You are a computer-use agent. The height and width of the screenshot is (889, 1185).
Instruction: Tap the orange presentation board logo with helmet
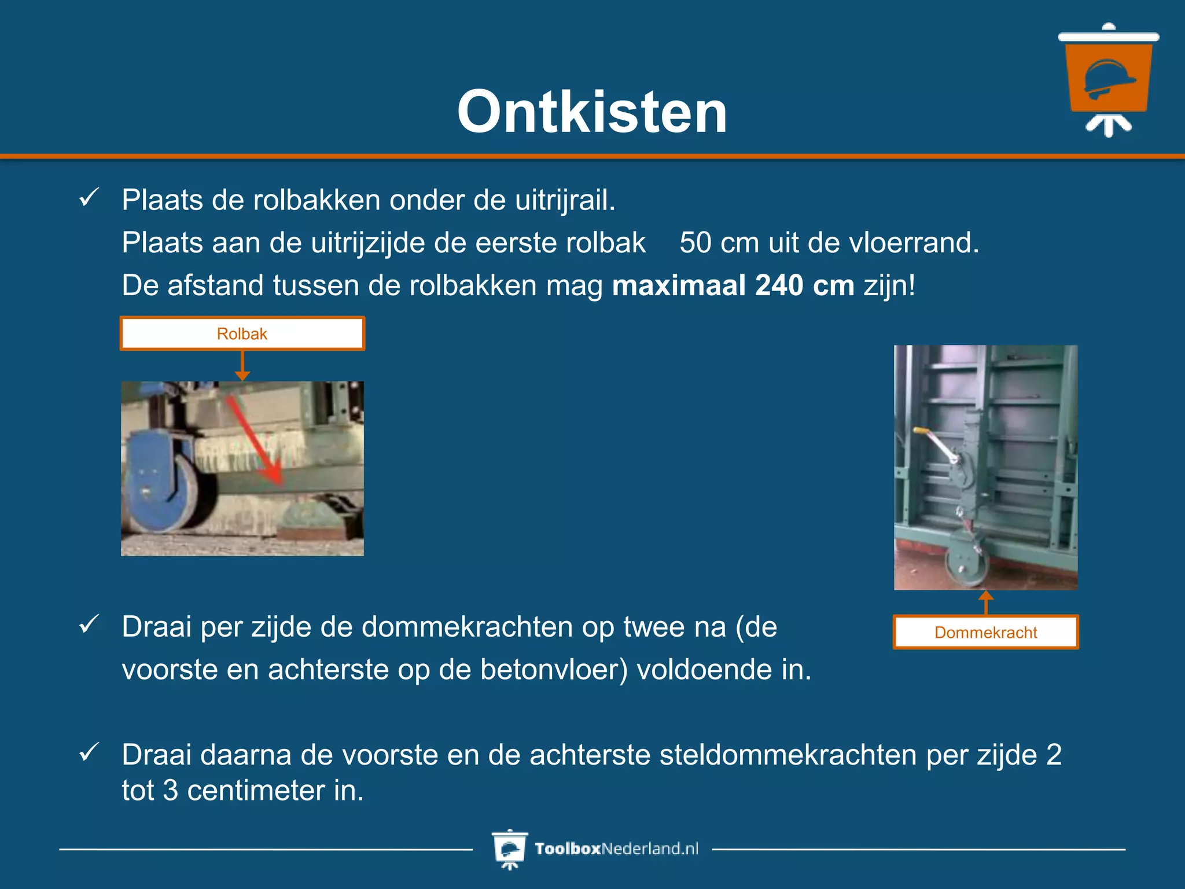tap(1108, 78)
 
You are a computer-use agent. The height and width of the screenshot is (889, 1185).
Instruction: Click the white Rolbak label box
tap(242, 333)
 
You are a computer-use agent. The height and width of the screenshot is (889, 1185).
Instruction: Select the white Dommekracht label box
tap(985, 632)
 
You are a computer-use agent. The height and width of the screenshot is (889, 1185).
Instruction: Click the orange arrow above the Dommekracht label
tap(986, 601)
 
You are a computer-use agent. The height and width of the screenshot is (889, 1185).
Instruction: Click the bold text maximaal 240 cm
tap(733, 285)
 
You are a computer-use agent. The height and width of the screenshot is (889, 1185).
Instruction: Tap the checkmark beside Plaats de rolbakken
tap(89, 198)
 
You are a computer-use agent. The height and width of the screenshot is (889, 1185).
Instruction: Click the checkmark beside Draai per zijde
tap(89, 624)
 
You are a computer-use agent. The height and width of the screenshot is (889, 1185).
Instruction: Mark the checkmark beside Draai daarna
tap(89, 752)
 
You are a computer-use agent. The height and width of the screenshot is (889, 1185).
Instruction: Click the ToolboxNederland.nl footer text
tap(616, 848)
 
